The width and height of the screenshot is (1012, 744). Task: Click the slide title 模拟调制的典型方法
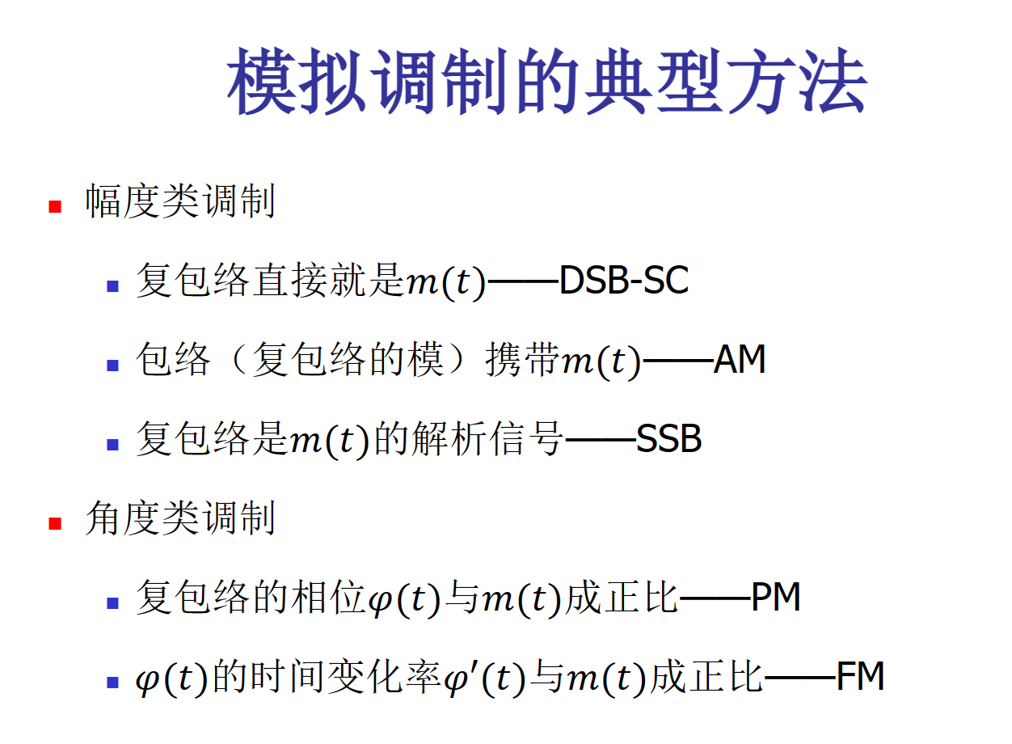546,82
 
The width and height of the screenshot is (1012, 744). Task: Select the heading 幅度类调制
180,201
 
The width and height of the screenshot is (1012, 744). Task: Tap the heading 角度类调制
180,518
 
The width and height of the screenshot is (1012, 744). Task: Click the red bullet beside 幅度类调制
55,206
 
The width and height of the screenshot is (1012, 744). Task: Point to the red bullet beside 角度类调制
55,523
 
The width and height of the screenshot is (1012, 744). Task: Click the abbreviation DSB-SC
624,281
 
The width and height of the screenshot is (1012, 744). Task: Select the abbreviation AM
740,359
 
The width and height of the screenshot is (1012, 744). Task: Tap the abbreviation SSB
669,438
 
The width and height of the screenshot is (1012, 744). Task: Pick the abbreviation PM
776,597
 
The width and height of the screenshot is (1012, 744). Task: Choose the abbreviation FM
860,676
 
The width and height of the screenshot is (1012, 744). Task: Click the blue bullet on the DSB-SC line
112,286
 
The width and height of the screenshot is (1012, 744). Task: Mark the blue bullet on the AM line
112,366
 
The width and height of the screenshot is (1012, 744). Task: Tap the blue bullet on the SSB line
112,444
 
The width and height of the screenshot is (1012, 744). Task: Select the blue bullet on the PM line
112,603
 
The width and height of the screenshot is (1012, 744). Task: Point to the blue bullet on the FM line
112,682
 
